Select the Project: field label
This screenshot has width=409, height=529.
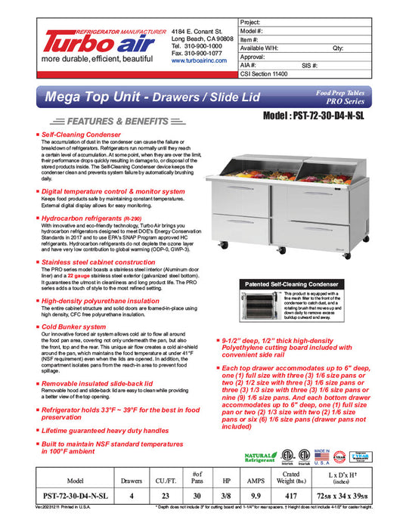[251, 23]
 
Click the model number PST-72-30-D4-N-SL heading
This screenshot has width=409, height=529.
[321, 118]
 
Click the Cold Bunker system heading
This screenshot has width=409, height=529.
[74, 326]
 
